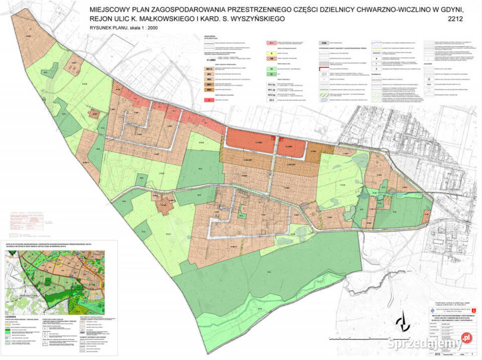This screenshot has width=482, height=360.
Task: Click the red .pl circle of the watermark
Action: pyautogui.click(x=466, y=338)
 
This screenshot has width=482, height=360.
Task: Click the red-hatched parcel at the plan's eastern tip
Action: pyautogui.click(x=426, y=216)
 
